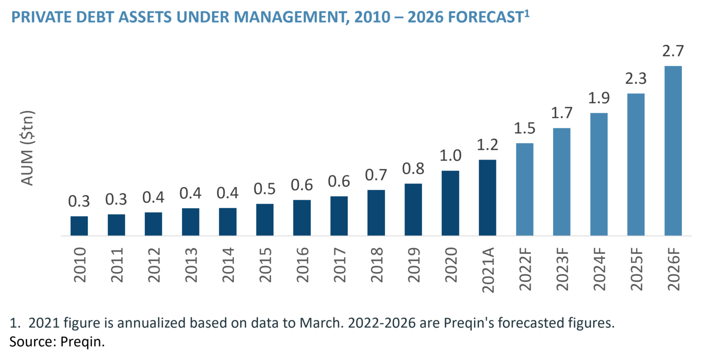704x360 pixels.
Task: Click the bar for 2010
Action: (79, 226)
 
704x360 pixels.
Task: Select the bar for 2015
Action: (264, 220)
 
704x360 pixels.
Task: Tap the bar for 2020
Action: (450, 203)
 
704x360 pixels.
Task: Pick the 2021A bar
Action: (487, 198)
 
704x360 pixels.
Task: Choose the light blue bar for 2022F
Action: (524, 189)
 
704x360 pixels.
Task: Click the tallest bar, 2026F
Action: (672, 150)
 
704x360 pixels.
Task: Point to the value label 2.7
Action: (672, 51)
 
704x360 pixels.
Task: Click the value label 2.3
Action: (635, 78)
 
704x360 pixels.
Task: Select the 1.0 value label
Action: (450, 156)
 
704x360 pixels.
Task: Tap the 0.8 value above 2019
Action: (413, 169)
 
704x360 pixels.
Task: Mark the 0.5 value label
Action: (264, 189)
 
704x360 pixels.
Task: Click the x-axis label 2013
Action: (190, 265)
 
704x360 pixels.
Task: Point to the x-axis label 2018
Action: (376, 265)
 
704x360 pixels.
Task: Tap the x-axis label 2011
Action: (116, 265)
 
